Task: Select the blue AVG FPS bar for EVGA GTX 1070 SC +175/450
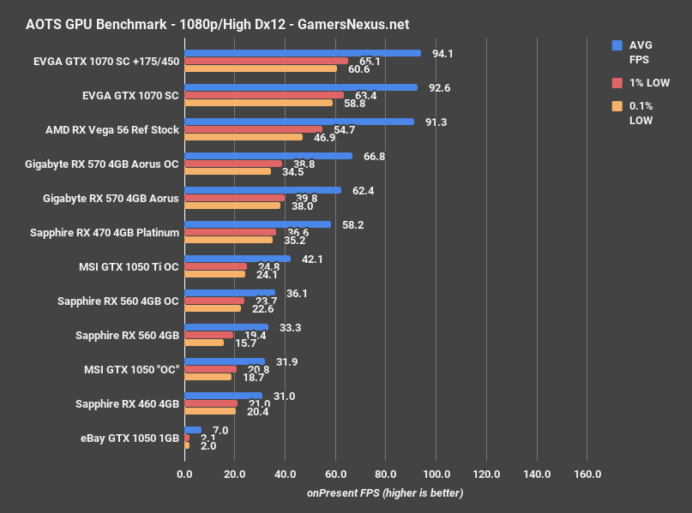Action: pyautogui.click(x=302, y=53)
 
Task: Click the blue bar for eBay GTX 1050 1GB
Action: pyautogui.click(x=192, y=430)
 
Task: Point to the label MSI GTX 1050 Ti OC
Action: pyautogui.click(x=128, y=267)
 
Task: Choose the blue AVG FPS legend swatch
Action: pyautogui.click(x=617, y=45)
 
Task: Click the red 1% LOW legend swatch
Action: pyautogui.click(x=617, y=83)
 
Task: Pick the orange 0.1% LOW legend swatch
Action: pyautogui.click(x=617, y=106)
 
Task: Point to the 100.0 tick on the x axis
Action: pyautogui.click(x=436, y=474)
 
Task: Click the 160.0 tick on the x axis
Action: pyautogui.click(x=587, y=474)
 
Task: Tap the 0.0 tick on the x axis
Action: pyautogui.click(x=184, y=474)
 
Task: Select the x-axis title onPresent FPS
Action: pyautogui.click(x=385, y=493)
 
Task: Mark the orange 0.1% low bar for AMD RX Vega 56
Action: pyautogui.click(x=244, y=137)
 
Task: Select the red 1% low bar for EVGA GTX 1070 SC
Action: pyautogui.click(x=264, y=95)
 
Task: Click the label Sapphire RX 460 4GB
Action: pyautogui.click(x=127, y=404)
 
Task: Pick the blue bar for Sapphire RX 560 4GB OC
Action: pyautogui.click(x=230, y=293)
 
